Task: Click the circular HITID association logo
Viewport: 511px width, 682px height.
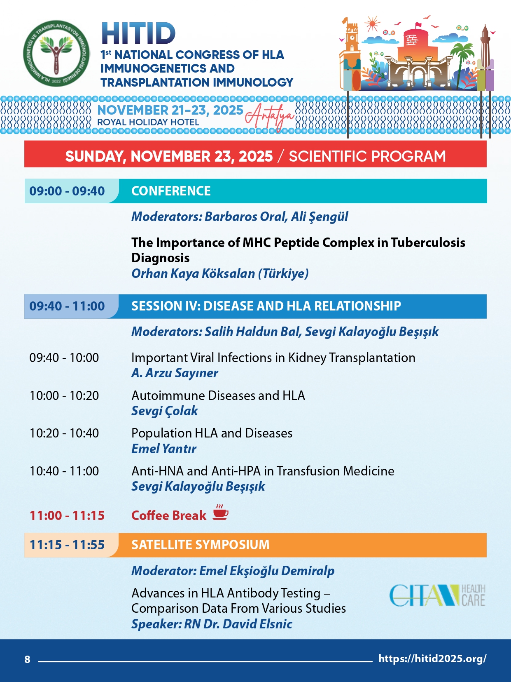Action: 56,54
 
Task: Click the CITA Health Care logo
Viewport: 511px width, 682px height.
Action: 437,595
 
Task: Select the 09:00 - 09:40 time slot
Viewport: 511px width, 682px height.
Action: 67,191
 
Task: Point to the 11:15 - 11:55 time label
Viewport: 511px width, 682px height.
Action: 67,545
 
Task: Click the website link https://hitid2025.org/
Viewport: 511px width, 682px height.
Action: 432,658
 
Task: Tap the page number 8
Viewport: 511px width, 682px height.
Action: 27,659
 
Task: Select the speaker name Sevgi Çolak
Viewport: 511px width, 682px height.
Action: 164,411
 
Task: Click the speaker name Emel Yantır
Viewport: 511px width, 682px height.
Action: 163,449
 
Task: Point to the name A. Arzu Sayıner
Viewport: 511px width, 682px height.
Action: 175,373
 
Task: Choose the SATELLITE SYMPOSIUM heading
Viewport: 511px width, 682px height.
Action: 200,545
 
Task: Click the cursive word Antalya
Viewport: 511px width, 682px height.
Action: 270,117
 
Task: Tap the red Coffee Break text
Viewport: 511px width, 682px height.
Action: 169,515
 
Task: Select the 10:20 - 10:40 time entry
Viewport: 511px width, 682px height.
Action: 64,433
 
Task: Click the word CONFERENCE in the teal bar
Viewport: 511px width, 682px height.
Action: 171,191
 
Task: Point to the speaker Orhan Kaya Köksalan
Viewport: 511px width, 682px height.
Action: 220,273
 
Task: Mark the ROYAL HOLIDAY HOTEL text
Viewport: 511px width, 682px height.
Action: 148,122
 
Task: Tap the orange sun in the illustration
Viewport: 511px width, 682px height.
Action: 372,24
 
